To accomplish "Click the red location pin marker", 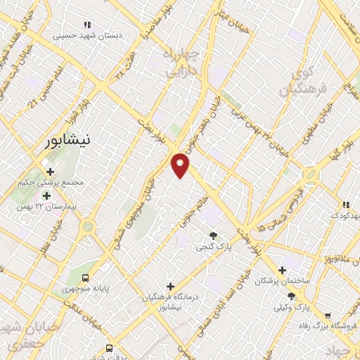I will coord(181,164).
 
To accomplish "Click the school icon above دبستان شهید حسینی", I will coord(87,25).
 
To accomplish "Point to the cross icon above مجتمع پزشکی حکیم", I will coord(50,172).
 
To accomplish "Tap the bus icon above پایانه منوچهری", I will coord(86,278).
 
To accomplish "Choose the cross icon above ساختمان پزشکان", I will coord(282,269).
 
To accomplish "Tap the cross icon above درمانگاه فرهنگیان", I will coord(169,286).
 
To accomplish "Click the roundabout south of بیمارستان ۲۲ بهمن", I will coord(88,226).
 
